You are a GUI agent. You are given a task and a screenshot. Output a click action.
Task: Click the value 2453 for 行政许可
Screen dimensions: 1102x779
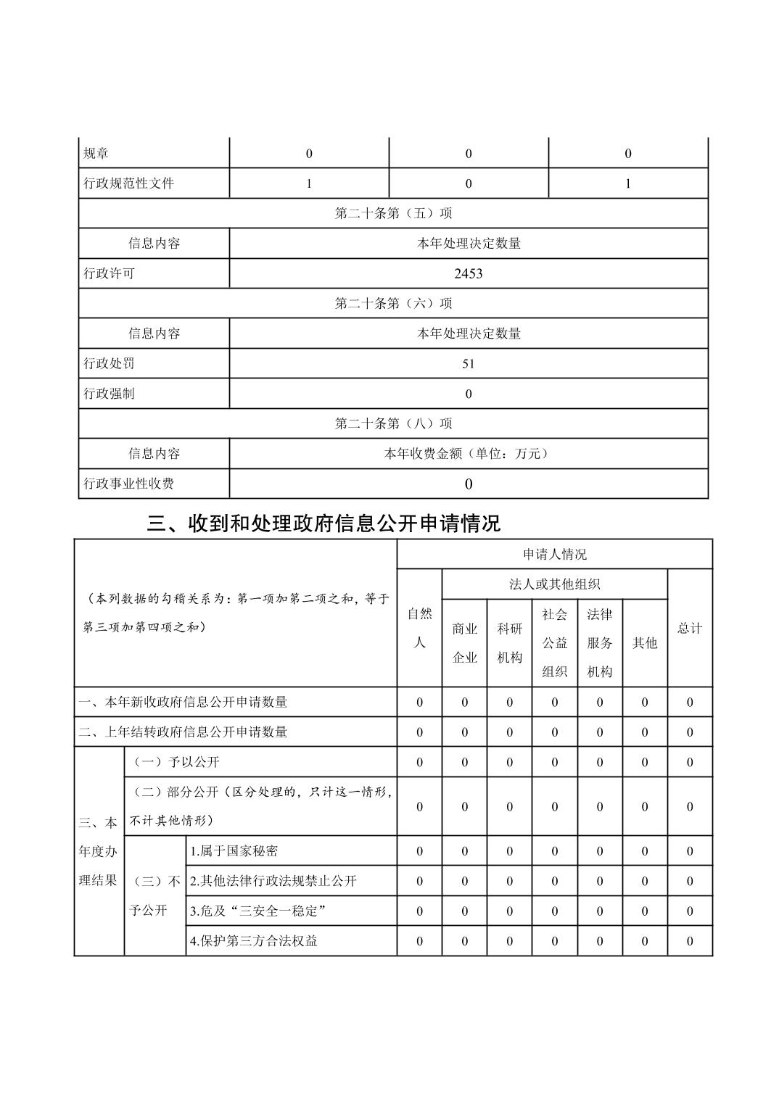pyautogui.click(x=468, y=273)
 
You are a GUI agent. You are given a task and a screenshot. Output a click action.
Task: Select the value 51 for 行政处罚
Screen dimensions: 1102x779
pyautogui.click(x=468, y=363)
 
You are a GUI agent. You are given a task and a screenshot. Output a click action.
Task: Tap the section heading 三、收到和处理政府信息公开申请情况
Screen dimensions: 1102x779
pyautogui.click(x=323, y=523)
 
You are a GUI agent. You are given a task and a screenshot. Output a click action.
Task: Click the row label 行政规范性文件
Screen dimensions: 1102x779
pyautogui.click(x=129, y=183)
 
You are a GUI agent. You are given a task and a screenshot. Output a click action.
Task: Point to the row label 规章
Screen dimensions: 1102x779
pyautogui.click(x=96, y=154)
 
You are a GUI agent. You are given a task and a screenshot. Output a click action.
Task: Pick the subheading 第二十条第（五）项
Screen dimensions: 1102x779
pyautogui.click(x=393, y=213)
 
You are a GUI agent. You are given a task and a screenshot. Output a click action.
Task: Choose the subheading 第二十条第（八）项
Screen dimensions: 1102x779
pyautogui.click(x=393, y=423)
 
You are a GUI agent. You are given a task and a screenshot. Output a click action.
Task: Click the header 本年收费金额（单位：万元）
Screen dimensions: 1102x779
pyautogui.click(x=468, y=454)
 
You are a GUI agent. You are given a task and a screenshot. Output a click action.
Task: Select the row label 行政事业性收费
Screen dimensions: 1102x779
pyautogui.click(x=129, y=484)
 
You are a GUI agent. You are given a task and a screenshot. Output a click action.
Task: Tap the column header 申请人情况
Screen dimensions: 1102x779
pyautogui.click(x=554, y=555)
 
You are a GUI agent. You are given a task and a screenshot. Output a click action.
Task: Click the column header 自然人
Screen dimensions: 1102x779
pyautogui.click(x=419, y=628)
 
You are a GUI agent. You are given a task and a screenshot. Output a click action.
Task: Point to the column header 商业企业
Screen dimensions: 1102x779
pyautogui.click(x=464, y=643)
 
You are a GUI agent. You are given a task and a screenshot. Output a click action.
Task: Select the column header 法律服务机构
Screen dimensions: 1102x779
pyautogui.click(x=600, y=643)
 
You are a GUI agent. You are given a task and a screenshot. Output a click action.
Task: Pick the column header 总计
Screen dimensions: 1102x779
pyautogui.click(x=689, y=629)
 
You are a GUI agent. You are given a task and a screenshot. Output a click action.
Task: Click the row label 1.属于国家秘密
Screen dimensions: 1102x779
pyautogui.click(x=234, y=851)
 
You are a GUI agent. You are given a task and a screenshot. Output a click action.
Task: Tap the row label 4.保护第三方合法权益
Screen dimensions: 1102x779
pyautogui.click(x=254, y=941)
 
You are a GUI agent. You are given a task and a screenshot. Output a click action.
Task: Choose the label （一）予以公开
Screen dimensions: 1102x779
pyautogui.click(x=174, y=762)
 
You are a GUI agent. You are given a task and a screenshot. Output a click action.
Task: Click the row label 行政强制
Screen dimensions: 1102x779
pyautogui.click(x=109, y=394)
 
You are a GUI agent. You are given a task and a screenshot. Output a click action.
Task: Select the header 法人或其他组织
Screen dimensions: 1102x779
pyautogui.click(x=554, y=584)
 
